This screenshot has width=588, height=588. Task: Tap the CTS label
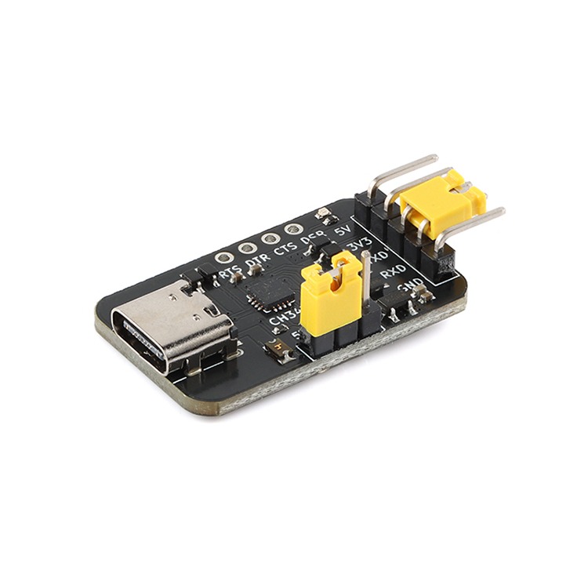coord(285,251)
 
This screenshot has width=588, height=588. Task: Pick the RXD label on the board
coord(393,271)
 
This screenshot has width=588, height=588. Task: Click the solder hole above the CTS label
coord(270,238)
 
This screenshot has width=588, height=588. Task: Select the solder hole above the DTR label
coord(248,247)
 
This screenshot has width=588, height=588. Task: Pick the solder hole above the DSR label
coord(292,230)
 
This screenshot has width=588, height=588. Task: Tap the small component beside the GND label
coord(424,293)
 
